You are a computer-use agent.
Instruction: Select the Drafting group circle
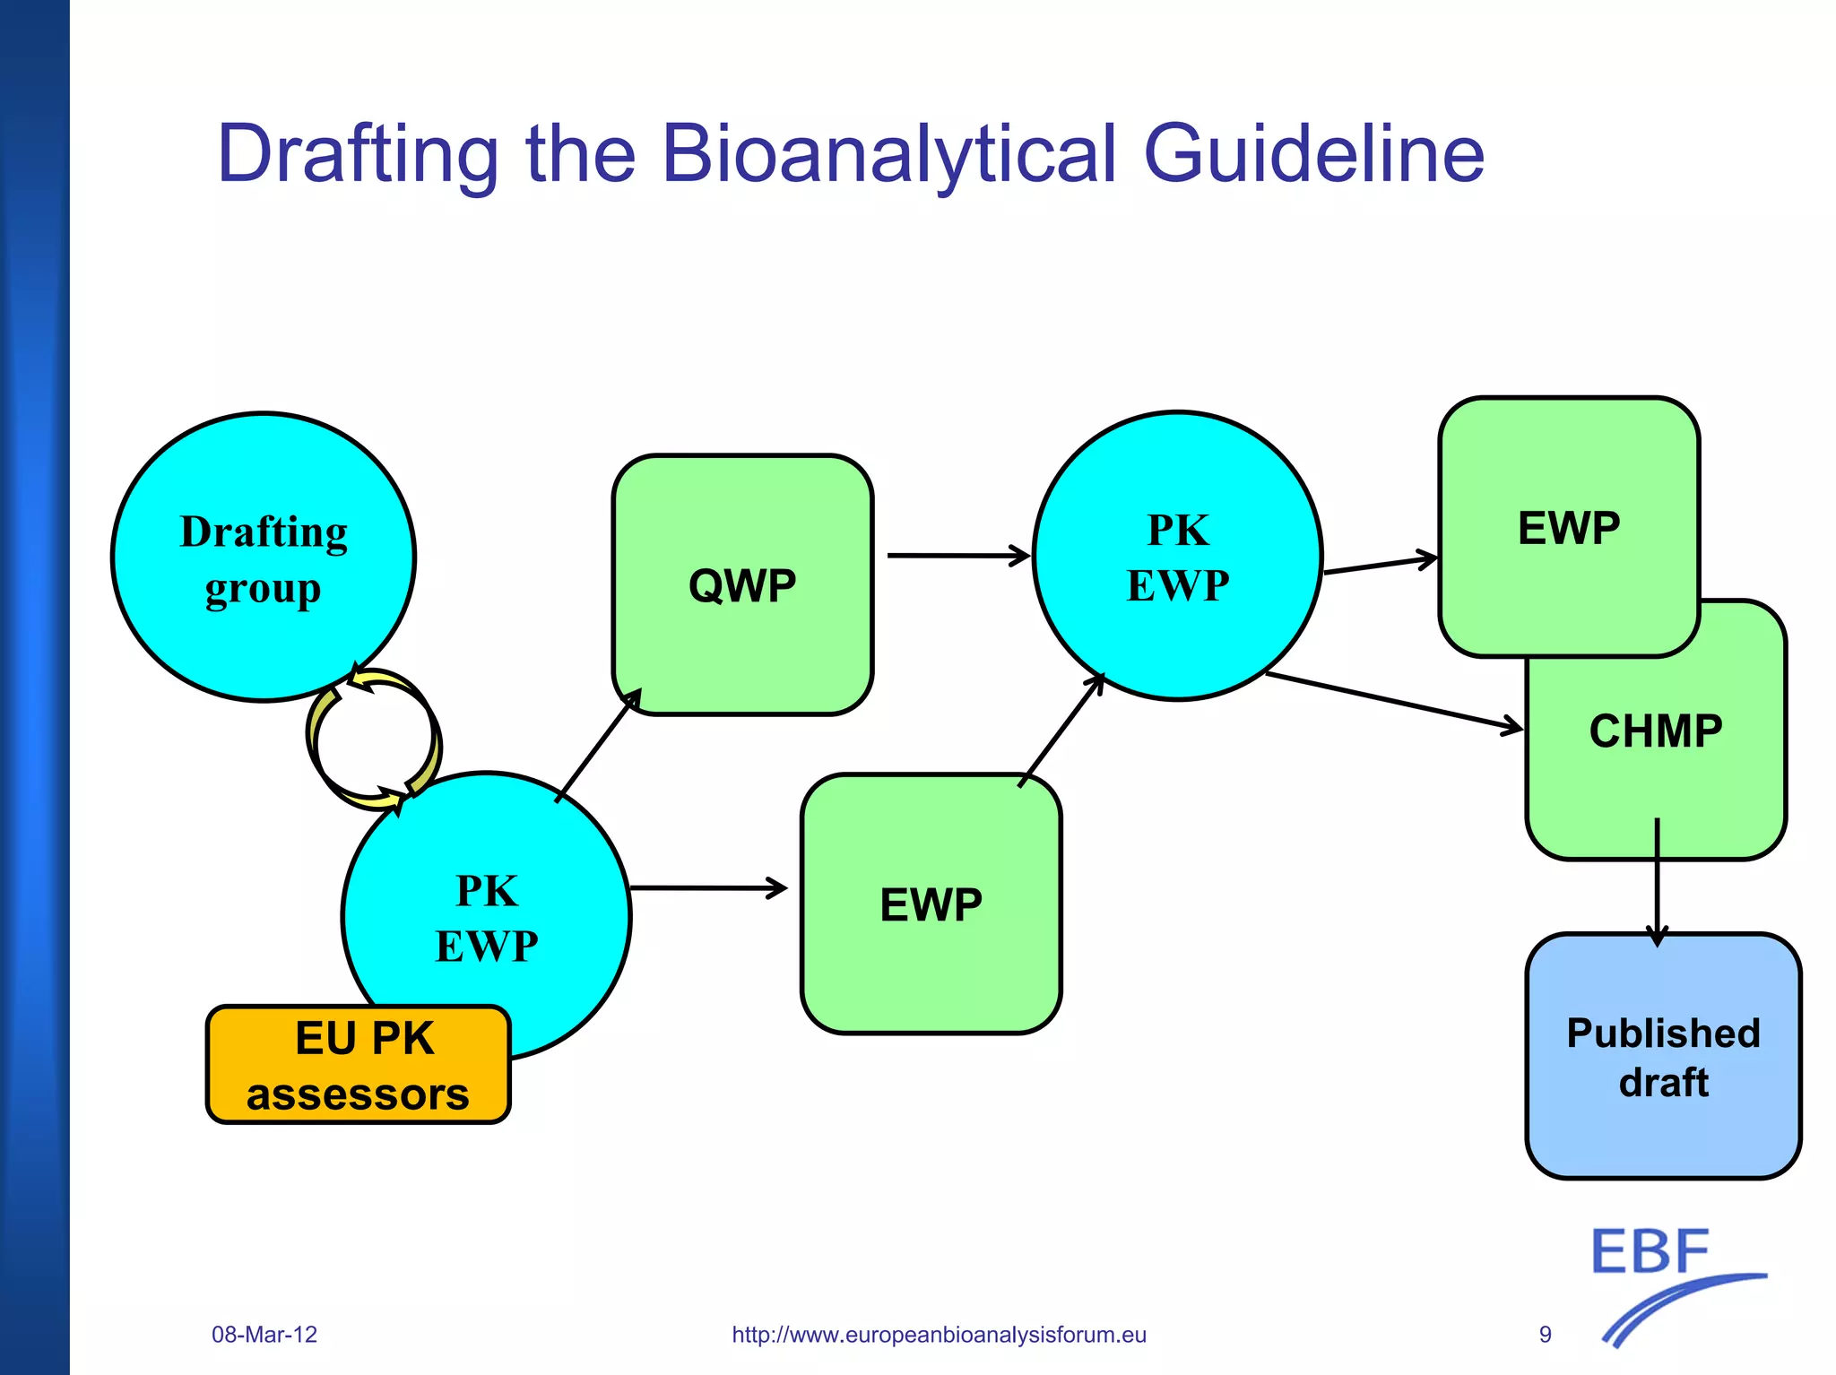pyautogui.click(x=264, y=557)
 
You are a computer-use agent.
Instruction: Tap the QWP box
pyautogui.click(x=742, y=585)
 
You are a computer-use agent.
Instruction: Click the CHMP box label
pyautogui.click(x=1655, y=731)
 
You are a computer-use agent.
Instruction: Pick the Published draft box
pyautogui.click(x=1663, y=1057)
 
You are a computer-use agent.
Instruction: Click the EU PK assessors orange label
pyautogui.click(x=359, y=1065)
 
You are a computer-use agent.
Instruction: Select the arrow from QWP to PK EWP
pyautogui.click(x=957, y=556)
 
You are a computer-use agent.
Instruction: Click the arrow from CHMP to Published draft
pyautogui.click(x=1657, y=883)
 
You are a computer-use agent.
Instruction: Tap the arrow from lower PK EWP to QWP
pyautogui.click(x=598, y=745)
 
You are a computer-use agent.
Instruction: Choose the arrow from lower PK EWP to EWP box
pyautogui.click(x=708, y=888)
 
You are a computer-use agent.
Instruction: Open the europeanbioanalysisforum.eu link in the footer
pyautogui.click(x=939, y=1335)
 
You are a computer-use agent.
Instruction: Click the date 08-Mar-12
pyautogui.click(x=264, y=1335)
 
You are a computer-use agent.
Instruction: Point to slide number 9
pyautogui.click(x=1545, y=1335)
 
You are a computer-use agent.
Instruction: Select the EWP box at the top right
pyautogui.click(x=1569, y=527)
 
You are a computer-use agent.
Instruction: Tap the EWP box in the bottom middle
pyautogui.click(x=931, y=904)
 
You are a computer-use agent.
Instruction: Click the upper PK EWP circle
pyautogui.click(x=1177, y=556)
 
